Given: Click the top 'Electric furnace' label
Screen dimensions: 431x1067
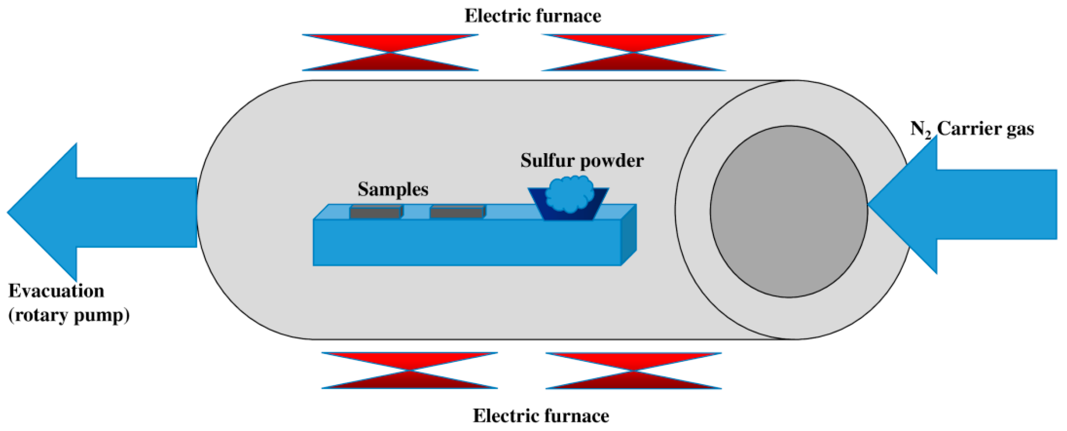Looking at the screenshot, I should (533, 16).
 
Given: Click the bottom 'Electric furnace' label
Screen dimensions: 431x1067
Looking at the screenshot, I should (541, 416).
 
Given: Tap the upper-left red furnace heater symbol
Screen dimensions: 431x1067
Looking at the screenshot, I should (390, 52).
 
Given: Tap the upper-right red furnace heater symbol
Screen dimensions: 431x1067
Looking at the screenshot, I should (633, 52).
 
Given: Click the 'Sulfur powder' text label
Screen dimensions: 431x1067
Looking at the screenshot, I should (582, 161).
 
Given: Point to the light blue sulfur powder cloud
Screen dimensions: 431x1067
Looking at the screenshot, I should (569, 193).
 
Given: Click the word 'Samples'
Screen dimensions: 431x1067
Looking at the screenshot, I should (393, 189).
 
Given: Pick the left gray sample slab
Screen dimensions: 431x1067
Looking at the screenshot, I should (375, 212).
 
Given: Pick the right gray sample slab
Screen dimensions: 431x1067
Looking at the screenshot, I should (457, 212).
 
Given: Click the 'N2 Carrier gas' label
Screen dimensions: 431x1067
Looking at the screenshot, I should (972, 129).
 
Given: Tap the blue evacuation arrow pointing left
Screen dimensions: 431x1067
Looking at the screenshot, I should (91, 212).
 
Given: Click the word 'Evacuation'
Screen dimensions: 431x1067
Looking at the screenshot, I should (56, 291).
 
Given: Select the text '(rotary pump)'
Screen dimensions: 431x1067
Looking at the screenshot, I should (69, 315).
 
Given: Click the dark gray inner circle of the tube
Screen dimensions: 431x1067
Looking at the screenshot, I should (788, 212).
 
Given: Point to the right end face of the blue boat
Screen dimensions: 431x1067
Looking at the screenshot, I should (628, 234).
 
